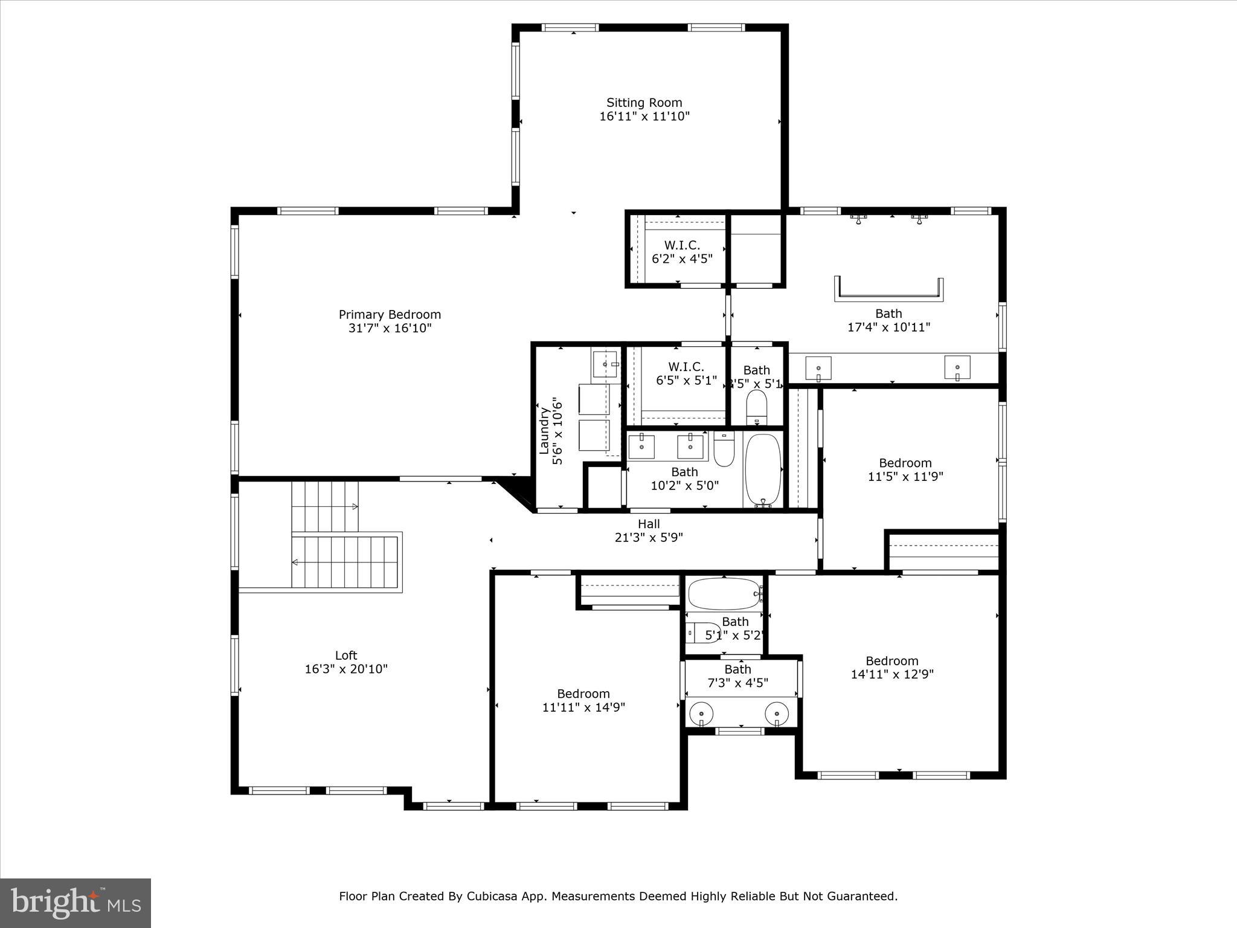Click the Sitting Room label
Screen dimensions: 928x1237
644,103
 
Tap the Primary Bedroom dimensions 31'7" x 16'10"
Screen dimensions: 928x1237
390,328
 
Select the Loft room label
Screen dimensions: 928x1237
346,655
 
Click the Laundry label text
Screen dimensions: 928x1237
544,430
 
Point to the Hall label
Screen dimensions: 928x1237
649,524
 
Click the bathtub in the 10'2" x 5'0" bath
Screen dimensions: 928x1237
763,471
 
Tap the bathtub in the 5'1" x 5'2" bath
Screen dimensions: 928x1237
724,594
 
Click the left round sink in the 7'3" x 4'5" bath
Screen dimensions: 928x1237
701,714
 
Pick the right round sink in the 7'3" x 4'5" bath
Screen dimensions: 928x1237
777,714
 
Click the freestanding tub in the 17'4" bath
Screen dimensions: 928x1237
888,289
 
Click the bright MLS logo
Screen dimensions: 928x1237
76,903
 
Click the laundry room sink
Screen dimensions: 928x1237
605,364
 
